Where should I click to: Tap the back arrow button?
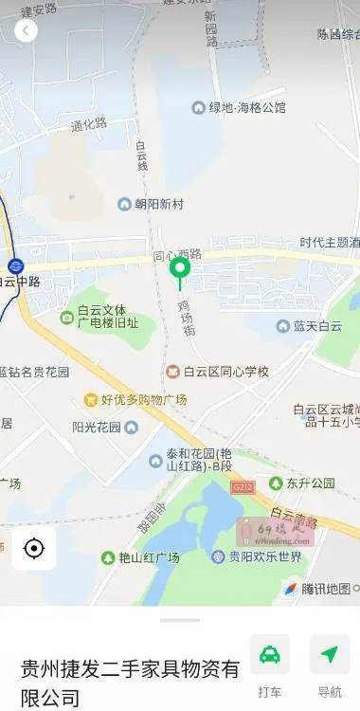pyautogui.click(x=26, y=30)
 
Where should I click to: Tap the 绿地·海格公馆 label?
pyautogui.click(x=247, y=108)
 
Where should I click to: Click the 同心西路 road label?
pyautogui.click(x=178, y=255)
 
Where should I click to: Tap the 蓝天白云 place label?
pyautogui.click(x=316, y=326)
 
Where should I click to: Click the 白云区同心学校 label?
pyautogui.click(x=225, y=371)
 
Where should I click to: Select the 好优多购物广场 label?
pyautogui.click(x=143, y=399)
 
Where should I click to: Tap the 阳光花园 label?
pyautogui.click(x=97, y=427)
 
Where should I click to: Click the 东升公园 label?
pyautogui.click(x=310, y=483)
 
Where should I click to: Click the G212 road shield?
pyautogui.click(x=242, y=487)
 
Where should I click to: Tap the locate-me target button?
pyautogui.click(x=34, y=548)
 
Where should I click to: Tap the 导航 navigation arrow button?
pyautogui.click(x=330, y=655)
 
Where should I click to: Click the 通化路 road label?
pyautogui.click(x=88, y=124)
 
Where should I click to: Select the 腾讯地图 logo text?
pyautogui.click(x=327, y=589)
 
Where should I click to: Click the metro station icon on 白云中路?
pyautogui.click(x=15, y=266)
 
